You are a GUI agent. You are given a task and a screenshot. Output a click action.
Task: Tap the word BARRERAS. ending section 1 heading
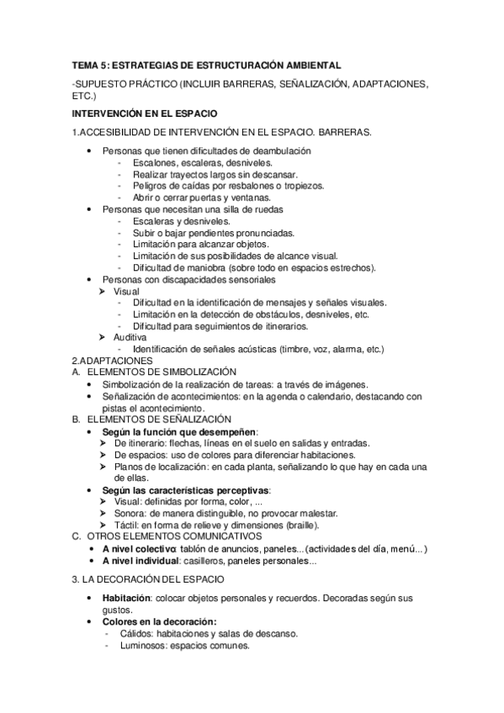pos(346,132)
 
